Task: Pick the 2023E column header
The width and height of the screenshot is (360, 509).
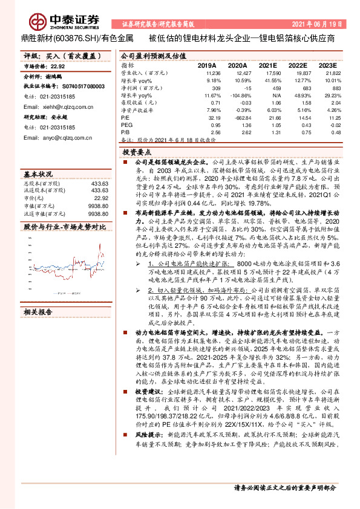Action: point(327,64)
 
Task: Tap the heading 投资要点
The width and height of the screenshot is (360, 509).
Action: point(136,154)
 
